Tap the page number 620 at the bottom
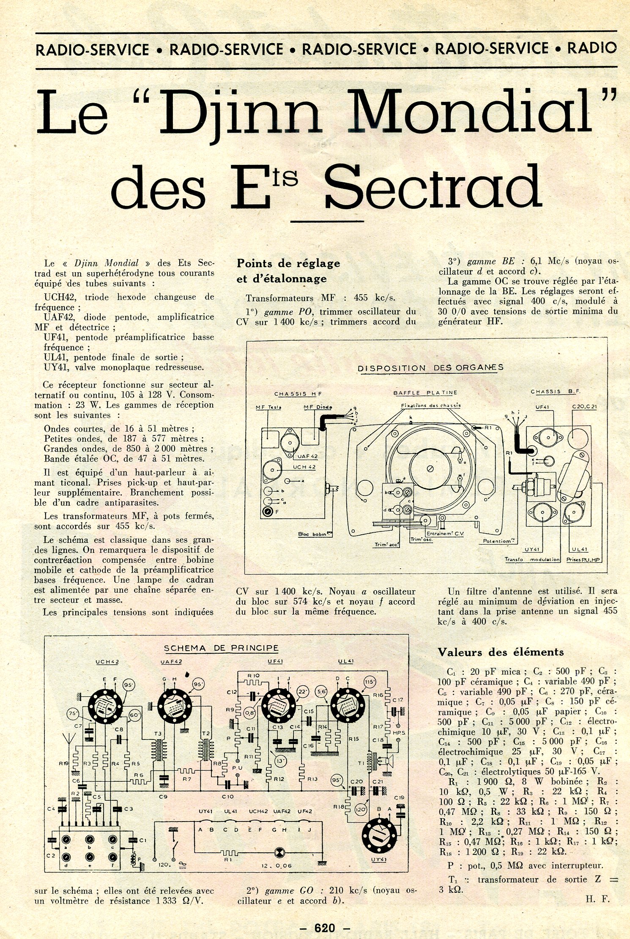(325, 927)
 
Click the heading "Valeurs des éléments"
(501, 652)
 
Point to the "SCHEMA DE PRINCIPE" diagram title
(221, 648)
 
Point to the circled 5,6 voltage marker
(322, 692)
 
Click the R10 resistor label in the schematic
(254, 676)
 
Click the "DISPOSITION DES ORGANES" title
(430, 367)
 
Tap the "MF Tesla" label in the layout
(268, 407)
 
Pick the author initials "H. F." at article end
(598, 899)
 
